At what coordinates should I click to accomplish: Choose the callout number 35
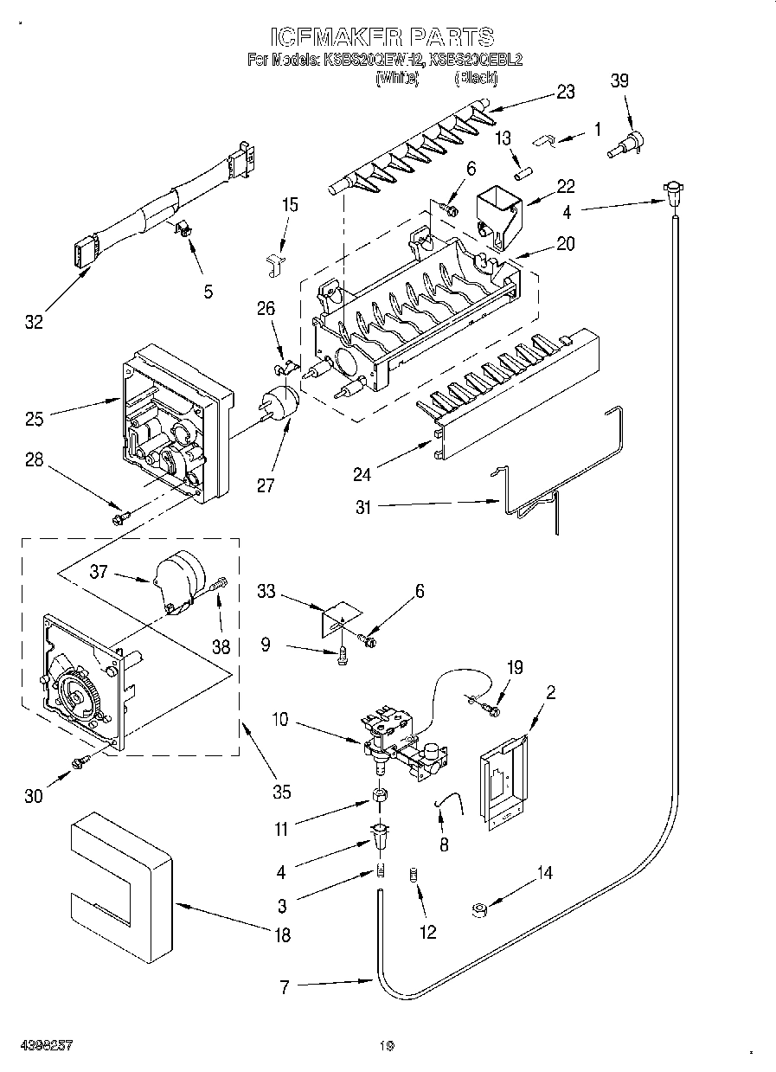(x=280, y=791)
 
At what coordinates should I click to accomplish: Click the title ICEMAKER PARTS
(x=382, y=36)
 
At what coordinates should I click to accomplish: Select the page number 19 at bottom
(x=387, y=1045)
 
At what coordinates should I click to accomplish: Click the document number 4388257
(x=44, y=1045)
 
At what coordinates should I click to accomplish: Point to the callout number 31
(x=362, y=508)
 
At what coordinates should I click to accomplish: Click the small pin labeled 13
(x=523, y=172)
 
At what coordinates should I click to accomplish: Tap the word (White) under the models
(x=397, y=79)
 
